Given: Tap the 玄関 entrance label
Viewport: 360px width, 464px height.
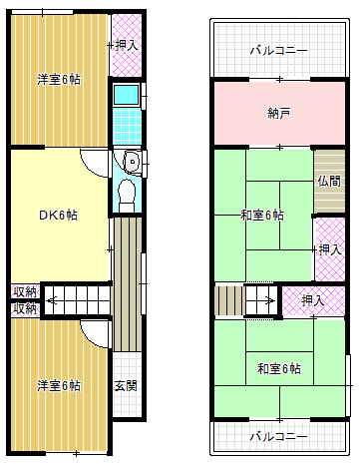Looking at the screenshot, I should click(x=125, y=385).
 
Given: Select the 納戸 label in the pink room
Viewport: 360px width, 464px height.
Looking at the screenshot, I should click(x=279, y=113).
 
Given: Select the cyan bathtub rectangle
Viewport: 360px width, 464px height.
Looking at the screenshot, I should click(x=125, y=96).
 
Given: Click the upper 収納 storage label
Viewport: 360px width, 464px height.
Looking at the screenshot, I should click(x=25, y=291).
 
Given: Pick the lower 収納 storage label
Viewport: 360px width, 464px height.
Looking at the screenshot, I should click(x=25, y=309).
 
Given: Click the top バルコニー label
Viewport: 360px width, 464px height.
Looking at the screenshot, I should click(x=278, y=50).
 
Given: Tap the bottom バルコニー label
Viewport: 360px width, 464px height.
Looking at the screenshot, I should click(x=278, y=436).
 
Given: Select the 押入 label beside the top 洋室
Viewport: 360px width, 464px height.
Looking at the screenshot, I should click(x=125, y=45).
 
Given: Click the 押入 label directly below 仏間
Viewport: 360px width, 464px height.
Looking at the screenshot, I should click(x=329, y=249).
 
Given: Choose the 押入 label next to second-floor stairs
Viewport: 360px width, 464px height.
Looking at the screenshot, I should click(x=312, y=299).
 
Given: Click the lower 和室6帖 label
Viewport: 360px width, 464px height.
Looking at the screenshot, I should click(x=278, y=369).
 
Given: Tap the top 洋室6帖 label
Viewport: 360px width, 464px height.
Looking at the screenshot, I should click(x=59, y=80).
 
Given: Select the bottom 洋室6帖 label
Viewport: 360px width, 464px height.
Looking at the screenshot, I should click(x=59, y=385).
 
